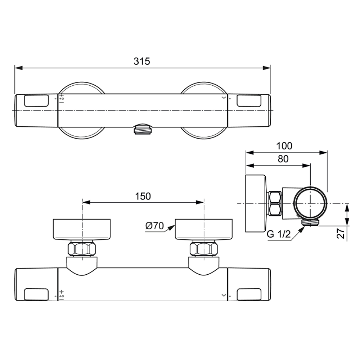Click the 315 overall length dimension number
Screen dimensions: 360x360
pos(141,61)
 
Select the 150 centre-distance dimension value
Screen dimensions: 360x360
pos(143,196)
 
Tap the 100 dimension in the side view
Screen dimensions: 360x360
pos(284,146)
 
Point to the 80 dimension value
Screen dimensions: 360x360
pos(283,159)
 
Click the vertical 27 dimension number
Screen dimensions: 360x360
pos(342,233)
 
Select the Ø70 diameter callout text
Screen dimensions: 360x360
pos(154,226)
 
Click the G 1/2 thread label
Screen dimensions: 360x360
pos(279,234)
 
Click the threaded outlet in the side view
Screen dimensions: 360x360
pos(310,222)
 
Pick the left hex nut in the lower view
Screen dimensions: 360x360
pos(83,249)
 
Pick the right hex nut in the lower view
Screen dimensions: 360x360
pos(204,249)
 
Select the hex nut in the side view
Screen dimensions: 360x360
pos(275,203)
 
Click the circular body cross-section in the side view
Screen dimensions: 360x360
pos(311,203)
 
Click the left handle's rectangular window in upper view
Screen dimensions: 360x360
pos(36,101)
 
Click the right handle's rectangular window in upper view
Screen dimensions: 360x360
pos(249,101)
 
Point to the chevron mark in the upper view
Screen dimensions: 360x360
pos(224,98)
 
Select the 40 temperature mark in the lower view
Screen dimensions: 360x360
pos(61,296)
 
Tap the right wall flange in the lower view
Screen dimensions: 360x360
pos(204,229)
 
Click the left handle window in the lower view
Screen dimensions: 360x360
pos(36,294)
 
